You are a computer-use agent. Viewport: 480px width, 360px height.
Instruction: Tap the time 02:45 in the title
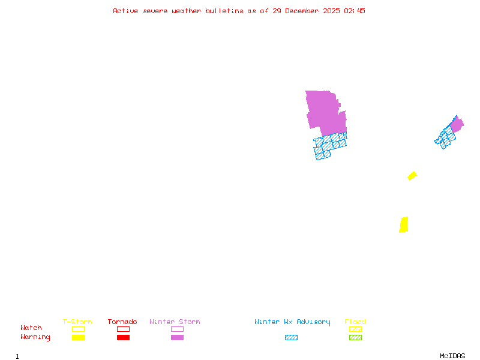point(355,11)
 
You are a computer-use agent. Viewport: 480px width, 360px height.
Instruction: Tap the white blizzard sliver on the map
point(344,104)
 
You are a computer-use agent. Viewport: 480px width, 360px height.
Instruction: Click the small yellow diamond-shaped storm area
point(412,176)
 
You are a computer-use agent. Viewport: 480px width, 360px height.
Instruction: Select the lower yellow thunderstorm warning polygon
point(404,225)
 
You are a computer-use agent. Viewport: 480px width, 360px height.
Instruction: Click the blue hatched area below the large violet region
point(329,146)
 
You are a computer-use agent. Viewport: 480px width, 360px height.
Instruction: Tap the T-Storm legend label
point(77,322)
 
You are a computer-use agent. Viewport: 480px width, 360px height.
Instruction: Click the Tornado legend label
point(122,322)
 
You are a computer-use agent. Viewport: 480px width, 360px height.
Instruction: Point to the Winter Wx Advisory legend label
point(292,322)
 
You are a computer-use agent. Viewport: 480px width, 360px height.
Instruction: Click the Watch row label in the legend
point(31,328)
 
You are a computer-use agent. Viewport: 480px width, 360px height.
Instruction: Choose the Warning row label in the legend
point(35,337)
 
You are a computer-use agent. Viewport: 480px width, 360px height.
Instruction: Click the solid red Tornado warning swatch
point(123,337)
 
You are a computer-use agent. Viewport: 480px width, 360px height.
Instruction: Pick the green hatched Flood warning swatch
point(355,337)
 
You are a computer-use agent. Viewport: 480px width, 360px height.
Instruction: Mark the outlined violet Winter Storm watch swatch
point(177,329)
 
